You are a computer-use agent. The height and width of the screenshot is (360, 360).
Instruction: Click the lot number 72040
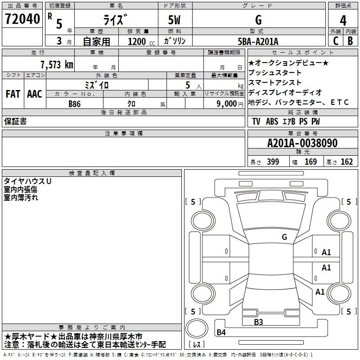[x=22, y=19]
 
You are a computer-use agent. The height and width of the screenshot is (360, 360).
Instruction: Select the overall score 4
[x=343, y=21]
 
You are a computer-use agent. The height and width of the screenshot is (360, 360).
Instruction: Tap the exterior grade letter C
[x=336, y=41]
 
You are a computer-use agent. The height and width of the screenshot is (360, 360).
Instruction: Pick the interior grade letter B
[x=350, y=41]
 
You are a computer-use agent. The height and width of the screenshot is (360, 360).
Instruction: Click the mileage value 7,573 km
[x=57, y=64]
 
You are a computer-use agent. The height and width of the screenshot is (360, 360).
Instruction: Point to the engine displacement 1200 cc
[x=141, y=41]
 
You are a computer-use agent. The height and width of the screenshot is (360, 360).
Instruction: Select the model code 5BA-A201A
[x=258, y=41]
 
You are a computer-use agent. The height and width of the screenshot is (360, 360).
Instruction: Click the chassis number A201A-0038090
[x=302, y=143]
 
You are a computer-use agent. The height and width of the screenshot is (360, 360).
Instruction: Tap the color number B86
[x=75, y=104]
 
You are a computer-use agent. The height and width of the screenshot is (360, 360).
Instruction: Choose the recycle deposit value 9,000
[x=226, y=104]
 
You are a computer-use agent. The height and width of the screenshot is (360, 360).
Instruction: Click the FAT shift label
[x=13, y=94]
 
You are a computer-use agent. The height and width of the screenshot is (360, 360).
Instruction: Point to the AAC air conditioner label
[x=35, y=94]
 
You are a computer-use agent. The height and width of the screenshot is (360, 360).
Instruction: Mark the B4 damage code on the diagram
[x=221, y=332]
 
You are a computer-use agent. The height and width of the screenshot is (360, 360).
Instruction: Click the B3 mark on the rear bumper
[x=258, y=322]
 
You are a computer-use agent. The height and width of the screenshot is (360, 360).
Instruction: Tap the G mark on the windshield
[x=284, y=237]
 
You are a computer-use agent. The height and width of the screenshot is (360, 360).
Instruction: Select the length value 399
[x=273, y=162]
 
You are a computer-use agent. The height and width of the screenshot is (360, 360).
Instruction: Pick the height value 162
[x=346, y=162]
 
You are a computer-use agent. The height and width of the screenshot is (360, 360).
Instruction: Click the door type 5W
[x=174, y=20]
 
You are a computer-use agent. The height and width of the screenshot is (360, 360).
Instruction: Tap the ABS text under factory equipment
[x=272, y=121]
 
